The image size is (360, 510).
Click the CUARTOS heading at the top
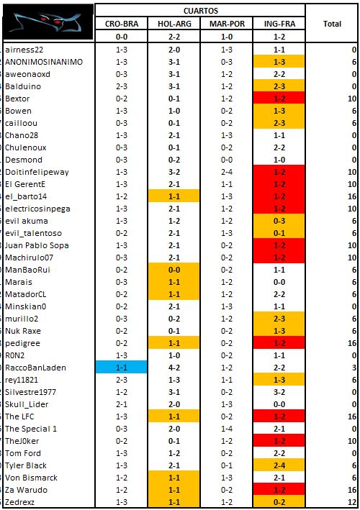200,11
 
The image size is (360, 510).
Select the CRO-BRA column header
122,24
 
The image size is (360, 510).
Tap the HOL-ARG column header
174,24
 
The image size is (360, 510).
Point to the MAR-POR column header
227,24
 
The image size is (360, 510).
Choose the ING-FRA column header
279,24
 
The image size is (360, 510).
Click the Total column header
332,24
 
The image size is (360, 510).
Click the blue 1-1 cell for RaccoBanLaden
122,368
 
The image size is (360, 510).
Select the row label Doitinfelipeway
37,172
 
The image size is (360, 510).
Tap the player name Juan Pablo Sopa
37,245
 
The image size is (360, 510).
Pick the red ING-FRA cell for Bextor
279,99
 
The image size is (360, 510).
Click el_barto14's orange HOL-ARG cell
174,196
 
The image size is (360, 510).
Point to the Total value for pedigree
352,343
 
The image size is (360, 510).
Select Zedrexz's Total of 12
352,502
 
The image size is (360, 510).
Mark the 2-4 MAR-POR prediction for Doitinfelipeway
227,172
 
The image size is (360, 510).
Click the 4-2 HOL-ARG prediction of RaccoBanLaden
174,368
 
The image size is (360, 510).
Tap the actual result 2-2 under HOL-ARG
174,37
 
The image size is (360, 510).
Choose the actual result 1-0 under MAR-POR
227,37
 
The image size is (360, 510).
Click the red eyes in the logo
50,19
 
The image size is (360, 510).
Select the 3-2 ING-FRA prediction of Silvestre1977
279,392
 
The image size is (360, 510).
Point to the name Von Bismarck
31,478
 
